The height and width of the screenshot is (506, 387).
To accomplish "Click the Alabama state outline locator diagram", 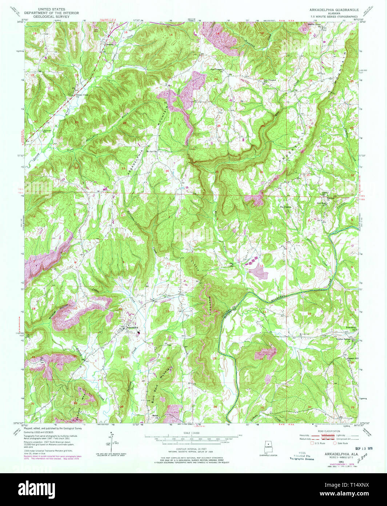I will (268, 447).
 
